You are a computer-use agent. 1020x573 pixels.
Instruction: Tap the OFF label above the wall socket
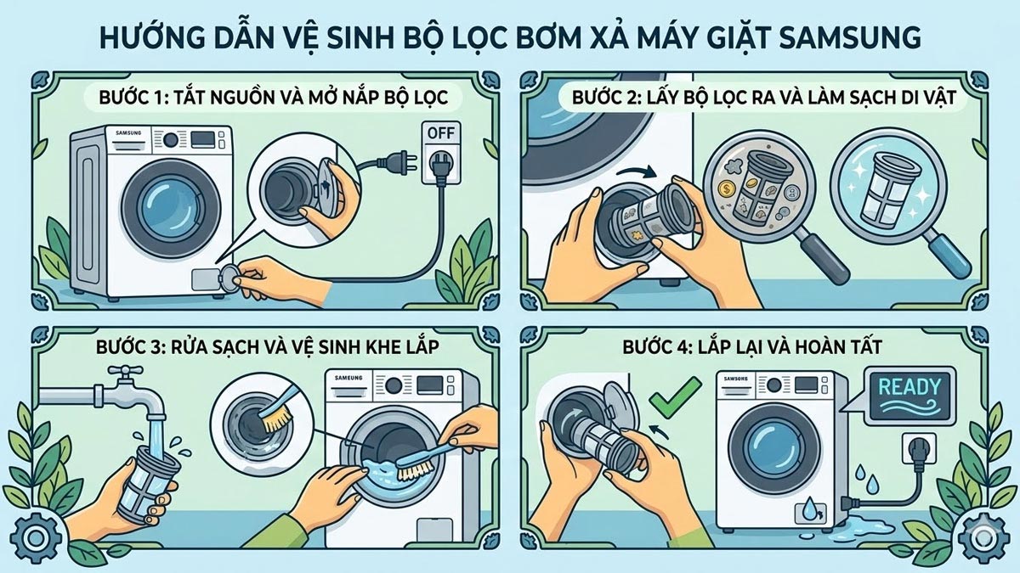click(439, 133)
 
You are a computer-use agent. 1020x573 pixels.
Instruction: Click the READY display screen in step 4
click(908, 393)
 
